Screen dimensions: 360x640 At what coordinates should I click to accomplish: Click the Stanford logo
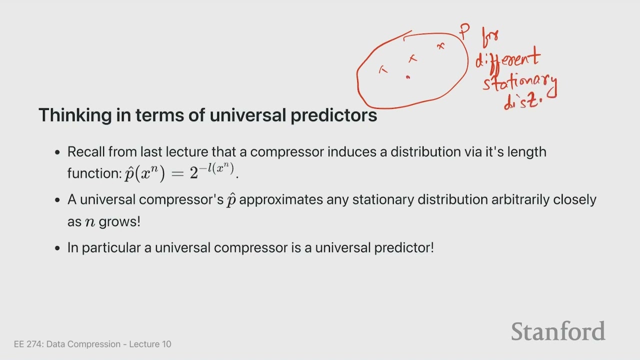click(558, 331)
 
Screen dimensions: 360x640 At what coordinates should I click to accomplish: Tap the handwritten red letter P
click(464, 31)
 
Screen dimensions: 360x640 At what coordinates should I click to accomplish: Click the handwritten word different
click(507, 58)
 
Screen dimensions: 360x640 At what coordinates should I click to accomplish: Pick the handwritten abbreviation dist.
click(522, 101)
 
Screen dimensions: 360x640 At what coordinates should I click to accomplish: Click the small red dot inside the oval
click(407, 77)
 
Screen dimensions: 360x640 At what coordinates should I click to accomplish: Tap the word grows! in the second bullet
click(119, 221)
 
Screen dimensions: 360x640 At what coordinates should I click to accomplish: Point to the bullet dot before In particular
click(57, 248)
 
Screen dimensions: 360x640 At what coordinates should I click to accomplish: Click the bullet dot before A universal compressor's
click(57, 200)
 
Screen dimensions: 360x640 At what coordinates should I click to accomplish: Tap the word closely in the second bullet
click(574, 199)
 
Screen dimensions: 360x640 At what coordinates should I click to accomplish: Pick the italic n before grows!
click(90, 222)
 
